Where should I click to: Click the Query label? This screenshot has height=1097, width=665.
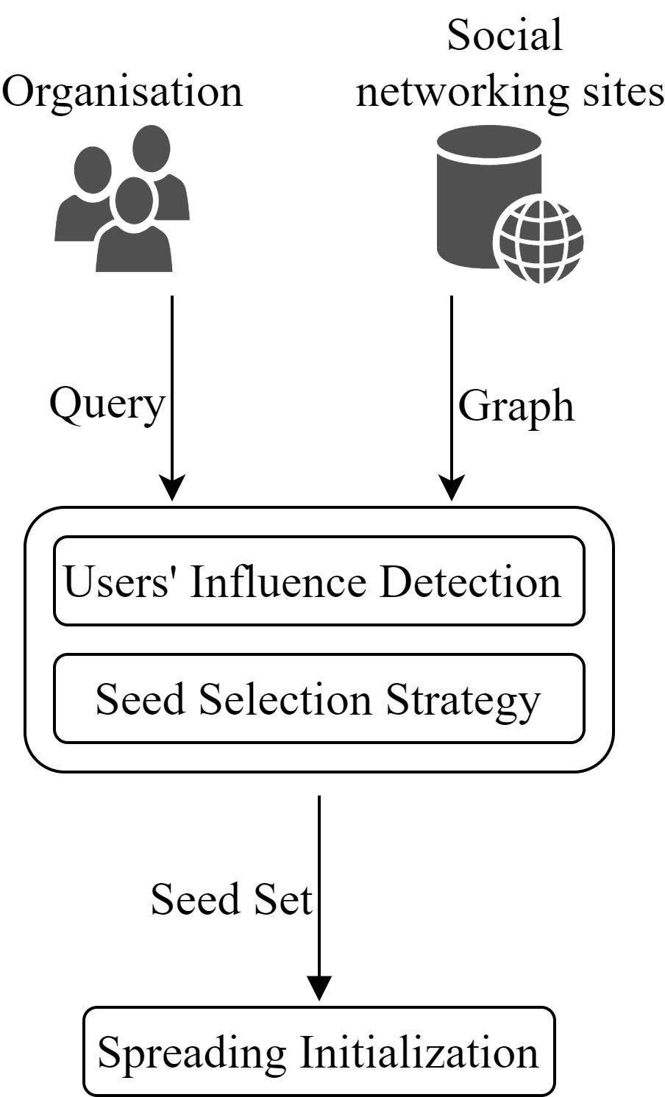click(108, 402)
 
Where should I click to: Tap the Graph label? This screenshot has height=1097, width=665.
click(517, 405)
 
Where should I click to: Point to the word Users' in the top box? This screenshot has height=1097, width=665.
click(118, 582)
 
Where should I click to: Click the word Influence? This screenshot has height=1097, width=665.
click(277, 582)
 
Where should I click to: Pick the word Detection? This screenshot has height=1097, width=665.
click(470, 582)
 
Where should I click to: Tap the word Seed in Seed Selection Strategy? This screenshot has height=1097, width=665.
click(140, 698)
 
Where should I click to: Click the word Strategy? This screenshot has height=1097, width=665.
click(463, 700)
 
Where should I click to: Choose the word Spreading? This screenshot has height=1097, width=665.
click(191, 1053)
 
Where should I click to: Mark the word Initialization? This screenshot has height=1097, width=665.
click(419, 1051)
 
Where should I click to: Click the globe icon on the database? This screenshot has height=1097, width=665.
click(541, 240)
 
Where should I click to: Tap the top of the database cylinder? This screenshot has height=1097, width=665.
click(488, 140)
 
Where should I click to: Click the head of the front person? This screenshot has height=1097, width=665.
click(135, 201)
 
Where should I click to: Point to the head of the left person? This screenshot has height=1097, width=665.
click(93, 170)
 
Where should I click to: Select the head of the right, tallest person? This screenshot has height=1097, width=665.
click(151, 148)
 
